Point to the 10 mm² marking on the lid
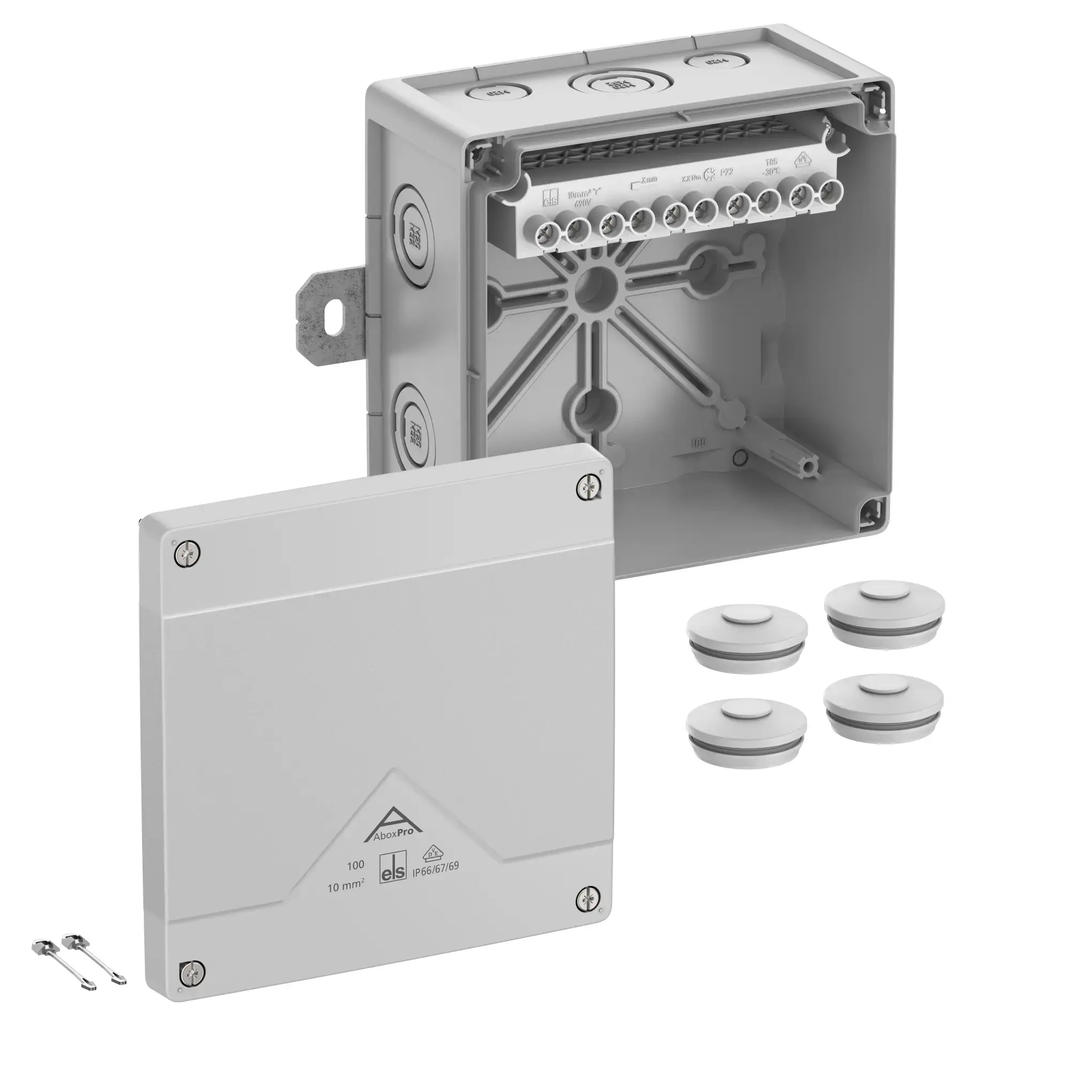(x=346, y=887)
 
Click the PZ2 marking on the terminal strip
(x=726, y=172)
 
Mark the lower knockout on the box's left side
(x=415, y=427)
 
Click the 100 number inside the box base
(x=698, y=443)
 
